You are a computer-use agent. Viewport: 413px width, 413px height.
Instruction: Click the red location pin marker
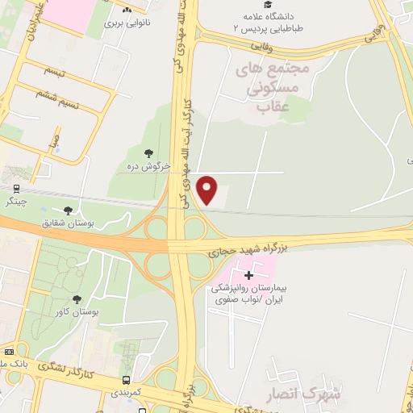point(208,190)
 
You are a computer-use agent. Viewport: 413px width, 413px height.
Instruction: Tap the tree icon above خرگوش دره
point(148,153)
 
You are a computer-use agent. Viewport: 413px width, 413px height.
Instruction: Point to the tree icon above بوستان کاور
point(77,298)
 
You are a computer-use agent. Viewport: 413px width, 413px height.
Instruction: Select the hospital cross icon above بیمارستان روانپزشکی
point(249,275)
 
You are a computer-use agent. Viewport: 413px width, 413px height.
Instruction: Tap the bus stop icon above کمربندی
point(126,380)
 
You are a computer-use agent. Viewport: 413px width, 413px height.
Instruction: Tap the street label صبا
point(53,146)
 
